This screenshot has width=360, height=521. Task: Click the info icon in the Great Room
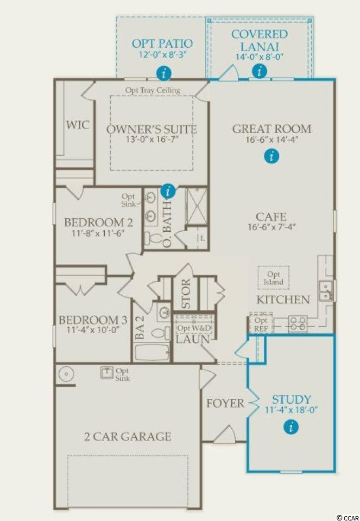(272, 156)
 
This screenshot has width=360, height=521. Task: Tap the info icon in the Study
(292, 427)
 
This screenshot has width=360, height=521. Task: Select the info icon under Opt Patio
(163, 73)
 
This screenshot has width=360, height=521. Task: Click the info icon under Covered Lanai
(260, 71)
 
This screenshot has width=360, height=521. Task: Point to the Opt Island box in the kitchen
(274, 278)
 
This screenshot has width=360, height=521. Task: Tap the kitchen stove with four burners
(298, 323)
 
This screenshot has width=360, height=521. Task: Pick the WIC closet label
(78, 125)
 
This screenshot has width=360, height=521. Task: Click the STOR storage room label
(186, 293)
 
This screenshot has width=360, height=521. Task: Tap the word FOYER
(225, 403)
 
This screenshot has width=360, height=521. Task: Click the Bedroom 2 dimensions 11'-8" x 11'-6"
(98, 233)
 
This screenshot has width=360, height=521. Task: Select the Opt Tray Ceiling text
(153, 90)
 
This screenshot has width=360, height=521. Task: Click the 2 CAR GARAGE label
(128, 436)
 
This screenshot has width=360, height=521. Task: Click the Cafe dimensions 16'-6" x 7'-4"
(271, 227)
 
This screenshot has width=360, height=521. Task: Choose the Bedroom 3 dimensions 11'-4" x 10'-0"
(93, 329)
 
